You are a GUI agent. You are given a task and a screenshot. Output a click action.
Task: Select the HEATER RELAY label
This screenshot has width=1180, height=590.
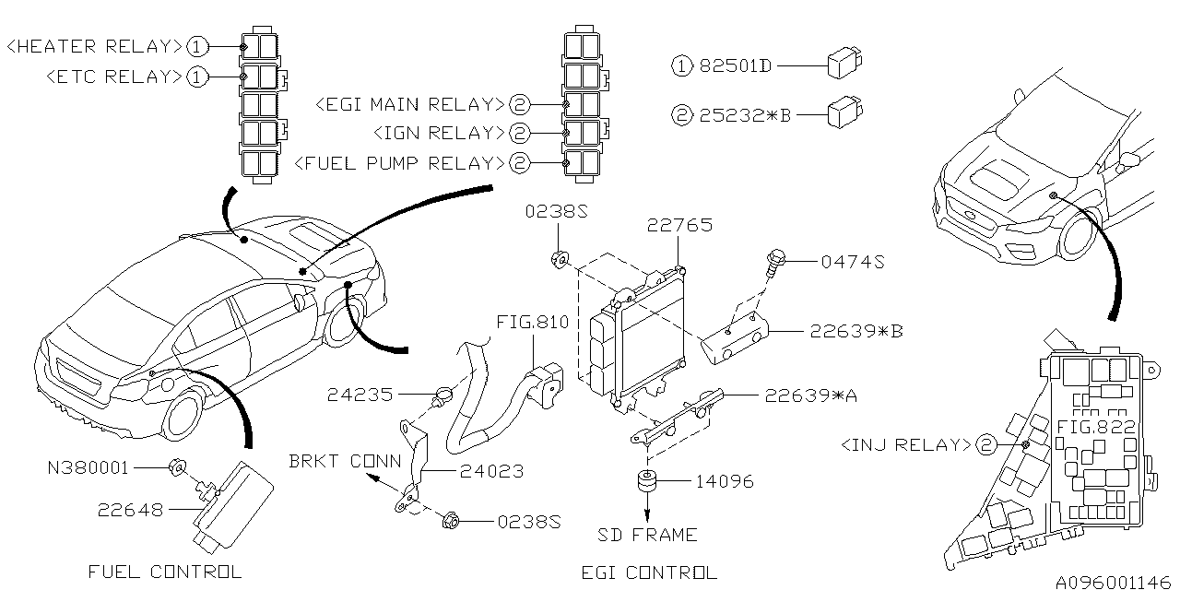(95, 45)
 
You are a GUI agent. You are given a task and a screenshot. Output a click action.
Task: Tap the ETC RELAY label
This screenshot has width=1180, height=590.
(113, 77)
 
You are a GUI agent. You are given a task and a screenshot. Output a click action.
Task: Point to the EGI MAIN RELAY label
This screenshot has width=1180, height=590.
(409, 104)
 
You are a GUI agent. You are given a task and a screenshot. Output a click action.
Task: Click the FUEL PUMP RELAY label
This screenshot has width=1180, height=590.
(399, 163)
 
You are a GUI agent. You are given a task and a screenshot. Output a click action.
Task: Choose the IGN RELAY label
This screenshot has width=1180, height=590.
(439, 134)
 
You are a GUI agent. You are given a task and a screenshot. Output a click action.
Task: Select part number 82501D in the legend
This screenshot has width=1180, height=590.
(734, 66)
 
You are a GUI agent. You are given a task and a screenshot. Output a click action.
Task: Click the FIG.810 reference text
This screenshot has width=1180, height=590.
(532, 324)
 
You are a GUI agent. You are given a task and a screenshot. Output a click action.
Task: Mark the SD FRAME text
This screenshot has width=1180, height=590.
(646, 535)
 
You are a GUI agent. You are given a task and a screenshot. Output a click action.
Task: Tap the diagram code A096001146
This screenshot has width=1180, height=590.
(1113, 581)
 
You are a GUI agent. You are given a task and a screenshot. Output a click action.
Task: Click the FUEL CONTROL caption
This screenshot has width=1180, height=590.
(165, 572)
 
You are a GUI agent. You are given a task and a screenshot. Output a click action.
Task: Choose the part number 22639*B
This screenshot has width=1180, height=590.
(856, 331)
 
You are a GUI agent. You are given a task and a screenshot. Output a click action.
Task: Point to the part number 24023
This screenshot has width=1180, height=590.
(492, 471)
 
